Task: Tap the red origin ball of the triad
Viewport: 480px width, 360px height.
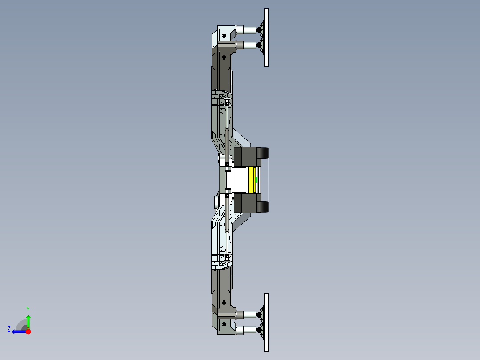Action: (x=28, y=331)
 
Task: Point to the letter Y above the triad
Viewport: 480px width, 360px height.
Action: (x=28, y=309)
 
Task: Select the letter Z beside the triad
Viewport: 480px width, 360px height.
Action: (x=9, y=329)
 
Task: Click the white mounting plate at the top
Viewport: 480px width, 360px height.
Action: (x=267, y=38)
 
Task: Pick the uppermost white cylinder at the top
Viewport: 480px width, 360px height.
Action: (x=245, y=30)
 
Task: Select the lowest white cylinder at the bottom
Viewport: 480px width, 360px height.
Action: (x=245, y=330)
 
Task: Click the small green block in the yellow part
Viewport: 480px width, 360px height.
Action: (x=256, y=180)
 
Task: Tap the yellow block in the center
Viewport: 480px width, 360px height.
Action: (x=253, y=180)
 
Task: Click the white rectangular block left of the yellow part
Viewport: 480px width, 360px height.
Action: (x=238, y=180)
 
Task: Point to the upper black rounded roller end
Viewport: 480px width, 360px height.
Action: (x=264, y=153)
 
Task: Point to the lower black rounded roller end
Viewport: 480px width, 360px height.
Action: (x=264, y=207)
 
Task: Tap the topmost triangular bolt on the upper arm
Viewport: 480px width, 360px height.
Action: (x=224, y=35)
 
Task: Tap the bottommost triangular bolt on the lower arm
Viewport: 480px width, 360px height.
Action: (x=224, y=325)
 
